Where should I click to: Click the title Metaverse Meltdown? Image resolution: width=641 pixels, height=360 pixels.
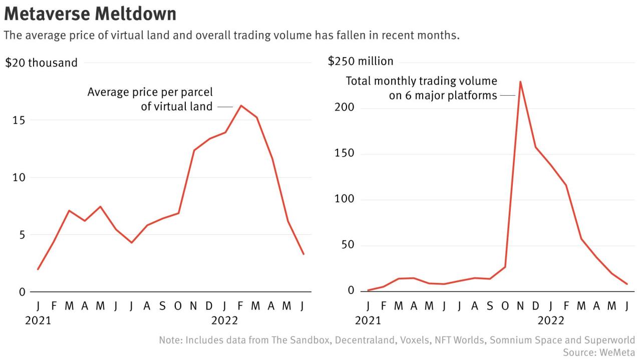click(90, 14)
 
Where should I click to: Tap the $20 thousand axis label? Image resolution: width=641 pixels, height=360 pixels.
click(42, 63)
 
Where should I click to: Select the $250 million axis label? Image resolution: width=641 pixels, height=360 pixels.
click(361, 61)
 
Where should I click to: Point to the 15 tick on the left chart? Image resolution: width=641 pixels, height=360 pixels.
click(19, 120)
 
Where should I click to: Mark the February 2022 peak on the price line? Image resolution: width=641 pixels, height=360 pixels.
click(241, 106)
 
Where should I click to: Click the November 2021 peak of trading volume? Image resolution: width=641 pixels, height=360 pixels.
click(520, 82)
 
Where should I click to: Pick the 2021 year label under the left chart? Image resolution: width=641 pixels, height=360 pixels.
click(38, 320)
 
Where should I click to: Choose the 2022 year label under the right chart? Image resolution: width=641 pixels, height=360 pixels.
click(551, 320)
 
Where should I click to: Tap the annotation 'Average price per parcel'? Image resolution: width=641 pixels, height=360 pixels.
click(150, 92)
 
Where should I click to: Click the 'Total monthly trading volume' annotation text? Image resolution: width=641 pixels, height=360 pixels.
click(421, 81)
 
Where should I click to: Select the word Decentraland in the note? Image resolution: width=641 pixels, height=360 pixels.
click(365, 340)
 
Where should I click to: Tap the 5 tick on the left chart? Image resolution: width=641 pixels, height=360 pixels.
click(22, 235)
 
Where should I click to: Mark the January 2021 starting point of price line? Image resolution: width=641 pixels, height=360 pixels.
click(38, 269)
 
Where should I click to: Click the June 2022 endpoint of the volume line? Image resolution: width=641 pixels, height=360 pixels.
click(627, 284)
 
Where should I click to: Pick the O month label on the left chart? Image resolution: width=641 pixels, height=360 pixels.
click(178, 305)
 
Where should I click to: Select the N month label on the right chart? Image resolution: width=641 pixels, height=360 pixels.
click(520, 305)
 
